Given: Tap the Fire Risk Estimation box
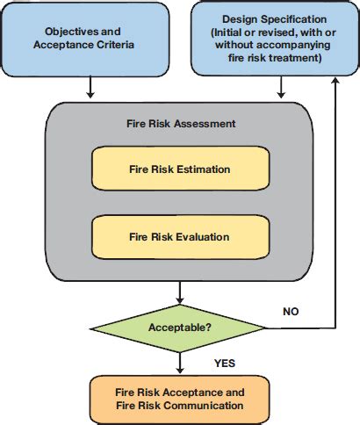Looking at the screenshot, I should (179, 169).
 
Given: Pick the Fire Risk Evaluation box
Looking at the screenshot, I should (179, 236).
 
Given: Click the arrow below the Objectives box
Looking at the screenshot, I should (91, 88).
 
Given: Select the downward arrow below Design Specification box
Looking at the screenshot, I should (281, 88).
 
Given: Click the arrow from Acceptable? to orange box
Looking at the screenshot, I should (179, 362).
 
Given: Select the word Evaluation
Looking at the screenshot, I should (204, 236).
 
